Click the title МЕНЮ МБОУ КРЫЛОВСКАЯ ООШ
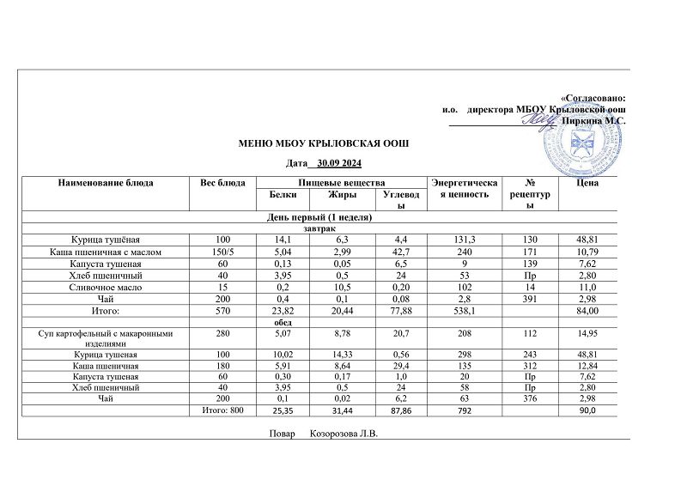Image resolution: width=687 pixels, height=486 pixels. [x=325, y=143]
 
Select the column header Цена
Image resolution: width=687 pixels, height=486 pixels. [x=588, y=182]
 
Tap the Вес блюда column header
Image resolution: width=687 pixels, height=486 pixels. [x=222, y=182]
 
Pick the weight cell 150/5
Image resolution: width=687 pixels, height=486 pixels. [x=222, y=252]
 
